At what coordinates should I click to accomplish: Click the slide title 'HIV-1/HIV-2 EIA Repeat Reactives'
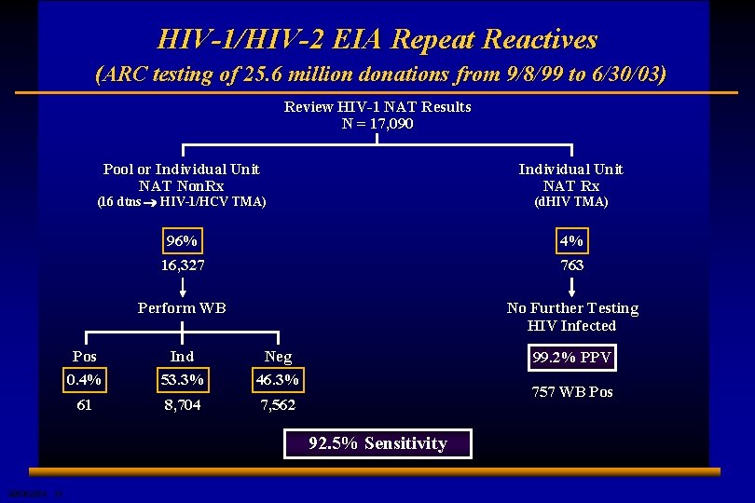(x=377, y=39)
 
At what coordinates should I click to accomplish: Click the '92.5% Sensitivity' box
(x=377, y=443)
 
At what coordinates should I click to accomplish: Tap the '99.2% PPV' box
(x=572, y=358)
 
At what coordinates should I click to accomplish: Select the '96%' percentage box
(x=182, y=241)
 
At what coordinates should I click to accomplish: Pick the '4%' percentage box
(x=571, y=241)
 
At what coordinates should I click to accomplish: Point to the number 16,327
(x=182, y=265)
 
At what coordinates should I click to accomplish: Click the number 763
(x=571, y=265)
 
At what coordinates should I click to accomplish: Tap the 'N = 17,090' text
(x=377, y=123)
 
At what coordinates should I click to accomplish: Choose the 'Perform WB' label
(x=182, y=307)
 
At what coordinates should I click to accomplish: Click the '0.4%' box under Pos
(x=84, y=380)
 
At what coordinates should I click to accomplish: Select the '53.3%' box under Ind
(x=182, y=380)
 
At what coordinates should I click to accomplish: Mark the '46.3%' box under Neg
(x=278, y=380)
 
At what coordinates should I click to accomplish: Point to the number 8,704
(x=182, y=405)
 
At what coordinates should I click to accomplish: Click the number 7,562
(x=278, y=405)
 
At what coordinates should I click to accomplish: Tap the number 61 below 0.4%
(x=84, y=405)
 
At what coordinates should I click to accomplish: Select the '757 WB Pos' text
(x=572, y=392)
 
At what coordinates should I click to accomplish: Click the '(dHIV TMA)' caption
(x=571, y=201)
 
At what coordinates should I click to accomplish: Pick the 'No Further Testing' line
(x=572, y=308)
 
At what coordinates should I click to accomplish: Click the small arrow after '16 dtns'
(x=150, y=202)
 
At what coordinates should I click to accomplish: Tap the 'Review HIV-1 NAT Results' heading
(x=377, y=107)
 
